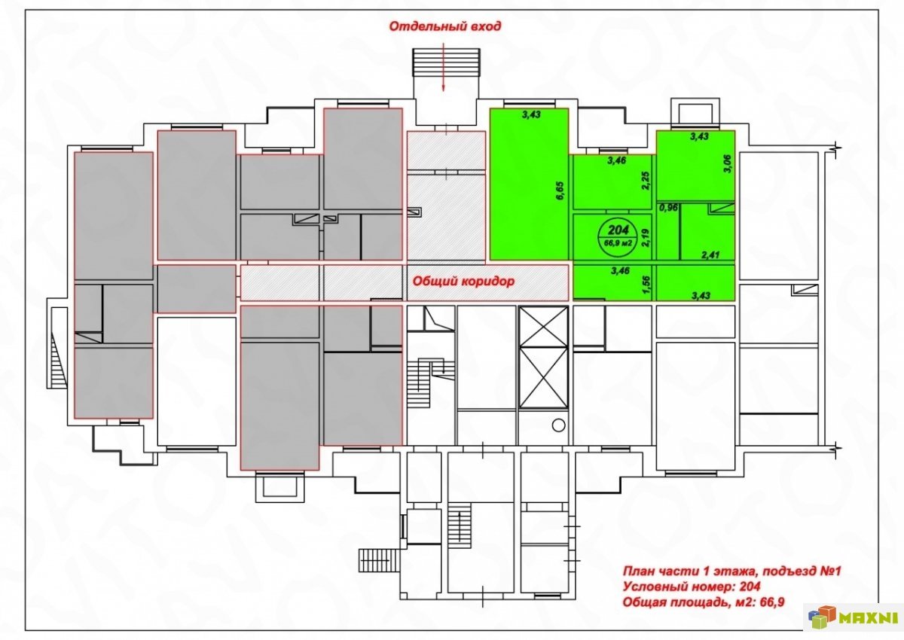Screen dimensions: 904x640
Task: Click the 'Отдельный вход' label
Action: [x=444, y=26]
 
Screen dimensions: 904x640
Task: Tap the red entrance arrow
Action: [x=443, y=66]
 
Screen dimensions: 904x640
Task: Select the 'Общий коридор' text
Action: [x=463, y=281]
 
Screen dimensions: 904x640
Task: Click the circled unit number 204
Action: [x=618, y=230]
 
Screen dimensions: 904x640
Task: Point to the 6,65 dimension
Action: [x=560, y=190]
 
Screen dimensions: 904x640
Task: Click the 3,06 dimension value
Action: [x=728, y=163]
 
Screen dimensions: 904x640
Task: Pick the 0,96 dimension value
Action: [x=668, y=209]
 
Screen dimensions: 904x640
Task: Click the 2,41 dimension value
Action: [x=710, y=255]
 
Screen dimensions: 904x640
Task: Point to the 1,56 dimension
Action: [x=647, y=285]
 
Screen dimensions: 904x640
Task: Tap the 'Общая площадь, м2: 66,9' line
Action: [x=704, y=602]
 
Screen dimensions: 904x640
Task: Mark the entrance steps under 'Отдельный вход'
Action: [x=446, y=62]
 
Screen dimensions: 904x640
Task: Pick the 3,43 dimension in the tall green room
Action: [x=530, y=114]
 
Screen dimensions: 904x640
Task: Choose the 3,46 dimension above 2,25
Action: [x=617, y=160]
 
